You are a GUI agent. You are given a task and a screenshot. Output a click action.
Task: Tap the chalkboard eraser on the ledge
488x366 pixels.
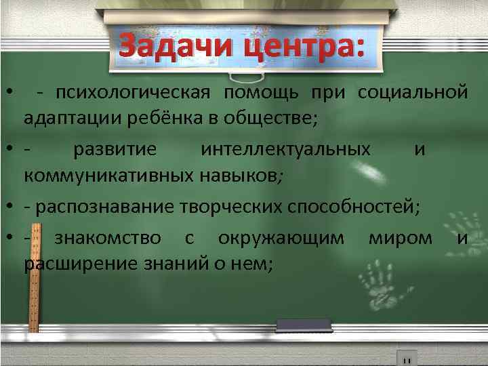pos(303,325)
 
